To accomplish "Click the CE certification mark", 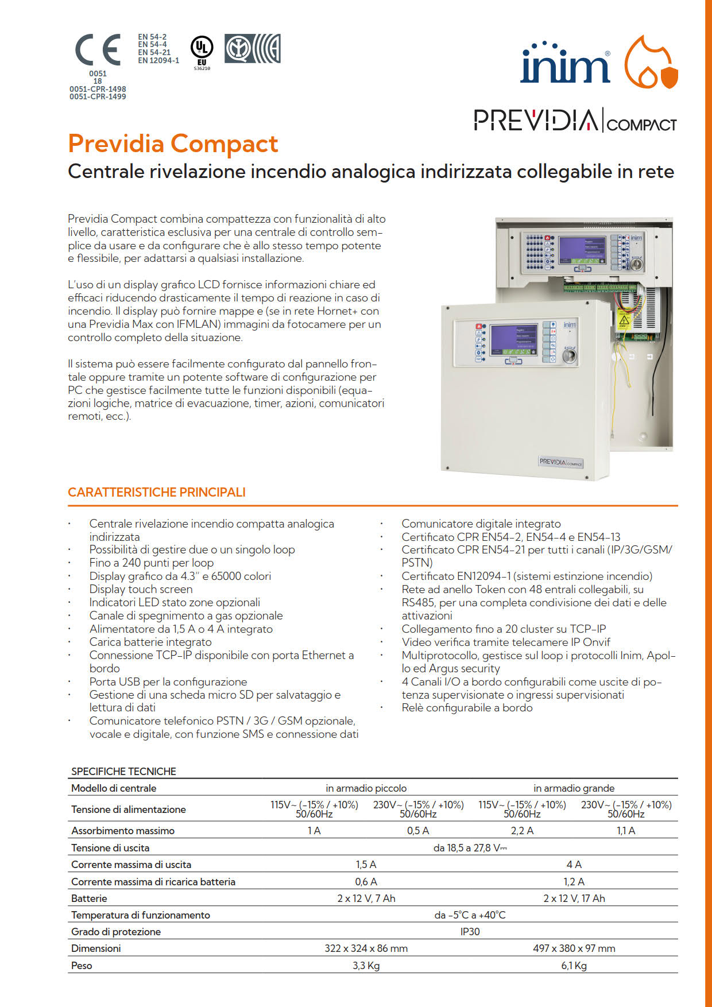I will click(98, 50).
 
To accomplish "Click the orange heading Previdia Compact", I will click(173, 144).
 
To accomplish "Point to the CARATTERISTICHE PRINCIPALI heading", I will click(156, 492).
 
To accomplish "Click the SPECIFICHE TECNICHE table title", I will click(123, 771).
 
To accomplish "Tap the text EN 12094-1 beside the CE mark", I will click(158, 60).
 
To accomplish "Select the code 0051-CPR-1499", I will click(98, 96).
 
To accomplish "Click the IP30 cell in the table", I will click(470, 931).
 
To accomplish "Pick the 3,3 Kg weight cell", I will click(366, 965).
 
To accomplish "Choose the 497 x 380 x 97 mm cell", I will click(574, 948).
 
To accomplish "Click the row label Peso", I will click(82, 965).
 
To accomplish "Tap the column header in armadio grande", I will click(574, 788).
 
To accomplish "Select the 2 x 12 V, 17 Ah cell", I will click(574, 898).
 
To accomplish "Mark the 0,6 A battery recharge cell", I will click(366, 881).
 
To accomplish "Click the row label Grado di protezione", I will click(116, 931).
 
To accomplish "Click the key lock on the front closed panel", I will click(569, 355).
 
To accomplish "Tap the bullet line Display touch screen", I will click(141, 589).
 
